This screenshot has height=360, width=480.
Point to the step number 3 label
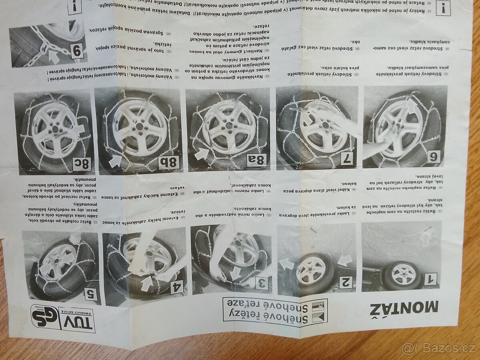pos(260,283)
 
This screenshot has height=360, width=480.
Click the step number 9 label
pos(78,51)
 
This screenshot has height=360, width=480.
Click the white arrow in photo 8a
pos(201,154)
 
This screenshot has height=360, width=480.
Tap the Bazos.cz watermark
pos(439,348)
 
